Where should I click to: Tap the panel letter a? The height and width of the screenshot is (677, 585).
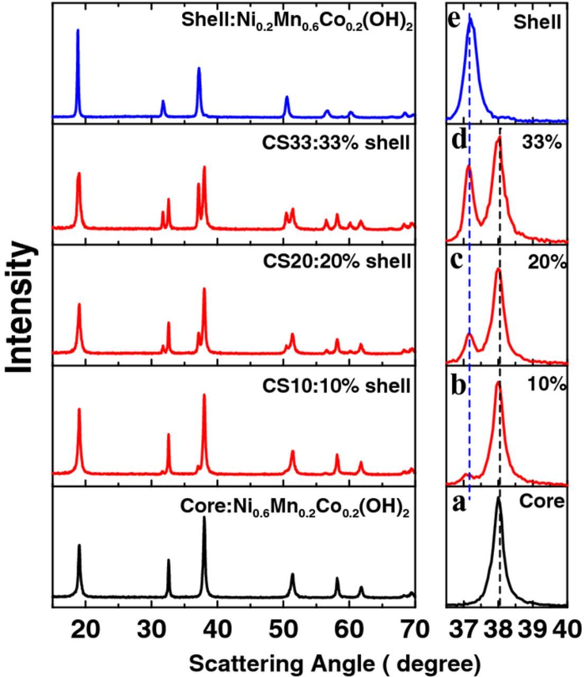[x=459, y=504]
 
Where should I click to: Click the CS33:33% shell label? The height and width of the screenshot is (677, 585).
[x=336, y=143]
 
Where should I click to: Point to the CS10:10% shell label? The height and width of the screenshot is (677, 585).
[x=336, y=386]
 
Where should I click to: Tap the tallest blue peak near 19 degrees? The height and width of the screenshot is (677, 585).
[x=78, y=31]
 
